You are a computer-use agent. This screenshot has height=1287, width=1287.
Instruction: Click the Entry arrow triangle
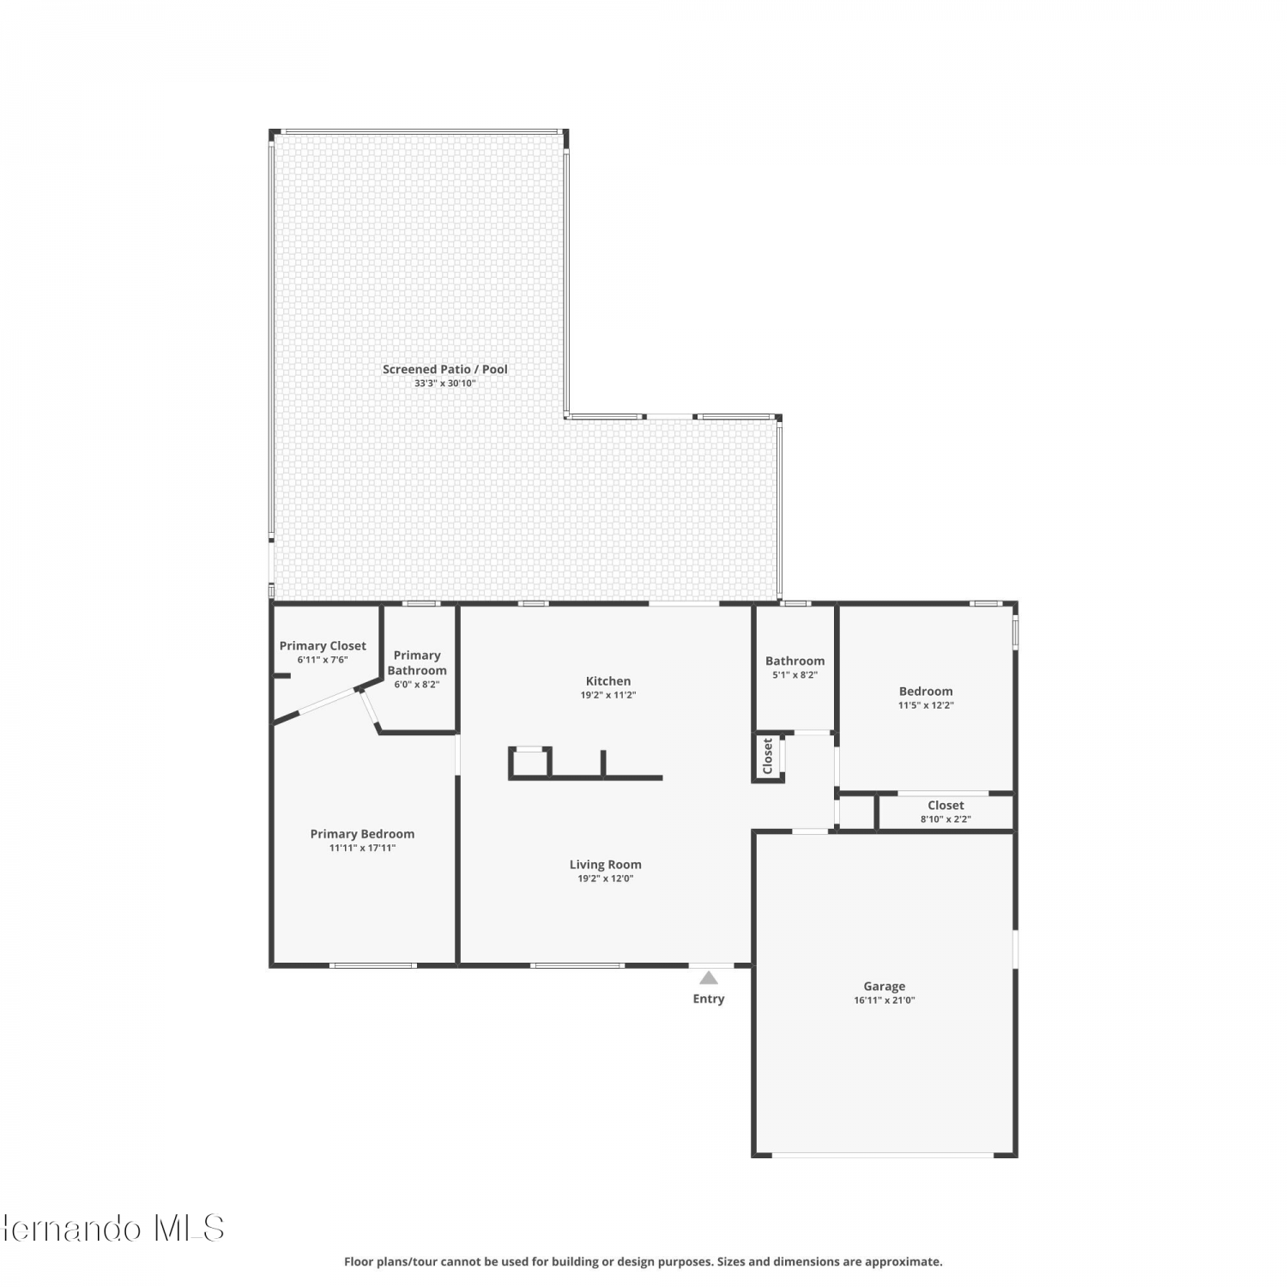708,977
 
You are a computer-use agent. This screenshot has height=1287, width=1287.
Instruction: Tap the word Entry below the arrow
709,999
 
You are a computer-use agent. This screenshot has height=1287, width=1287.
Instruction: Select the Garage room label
885,987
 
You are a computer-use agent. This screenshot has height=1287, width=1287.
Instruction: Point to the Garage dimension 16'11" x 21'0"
885,1000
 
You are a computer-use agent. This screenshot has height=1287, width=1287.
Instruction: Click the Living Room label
606,865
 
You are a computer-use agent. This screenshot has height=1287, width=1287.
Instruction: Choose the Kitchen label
608,681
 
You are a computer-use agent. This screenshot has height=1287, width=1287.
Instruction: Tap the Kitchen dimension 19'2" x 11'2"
608,695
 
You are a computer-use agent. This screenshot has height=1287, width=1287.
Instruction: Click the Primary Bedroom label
362,834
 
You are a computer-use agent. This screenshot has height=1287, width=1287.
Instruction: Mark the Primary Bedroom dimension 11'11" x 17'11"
362,848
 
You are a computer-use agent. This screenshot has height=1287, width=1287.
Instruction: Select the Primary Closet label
323,646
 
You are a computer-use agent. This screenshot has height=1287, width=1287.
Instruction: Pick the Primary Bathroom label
417,663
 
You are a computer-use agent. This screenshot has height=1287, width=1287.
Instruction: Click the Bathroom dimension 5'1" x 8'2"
795,675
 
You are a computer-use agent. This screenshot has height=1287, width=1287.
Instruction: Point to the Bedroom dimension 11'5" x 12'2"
926,705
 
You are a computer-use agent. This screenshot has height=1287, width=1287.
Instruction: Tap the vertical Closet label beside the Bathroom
768,756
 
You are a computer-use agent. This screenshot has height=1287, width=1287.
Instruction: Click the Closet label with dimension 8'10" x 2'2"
946,806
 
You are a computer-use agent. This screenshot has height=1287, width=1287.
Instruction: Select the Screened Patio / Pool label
445,370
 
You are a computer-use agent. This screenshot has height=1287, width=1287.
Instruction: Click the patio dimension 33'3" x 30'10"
445,384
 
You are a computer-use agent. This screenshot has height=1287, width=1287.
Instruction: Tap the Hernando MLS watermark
112,1228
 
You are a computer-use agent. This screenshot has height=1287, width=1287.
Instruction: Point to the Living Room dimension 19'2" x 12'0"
606,879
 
